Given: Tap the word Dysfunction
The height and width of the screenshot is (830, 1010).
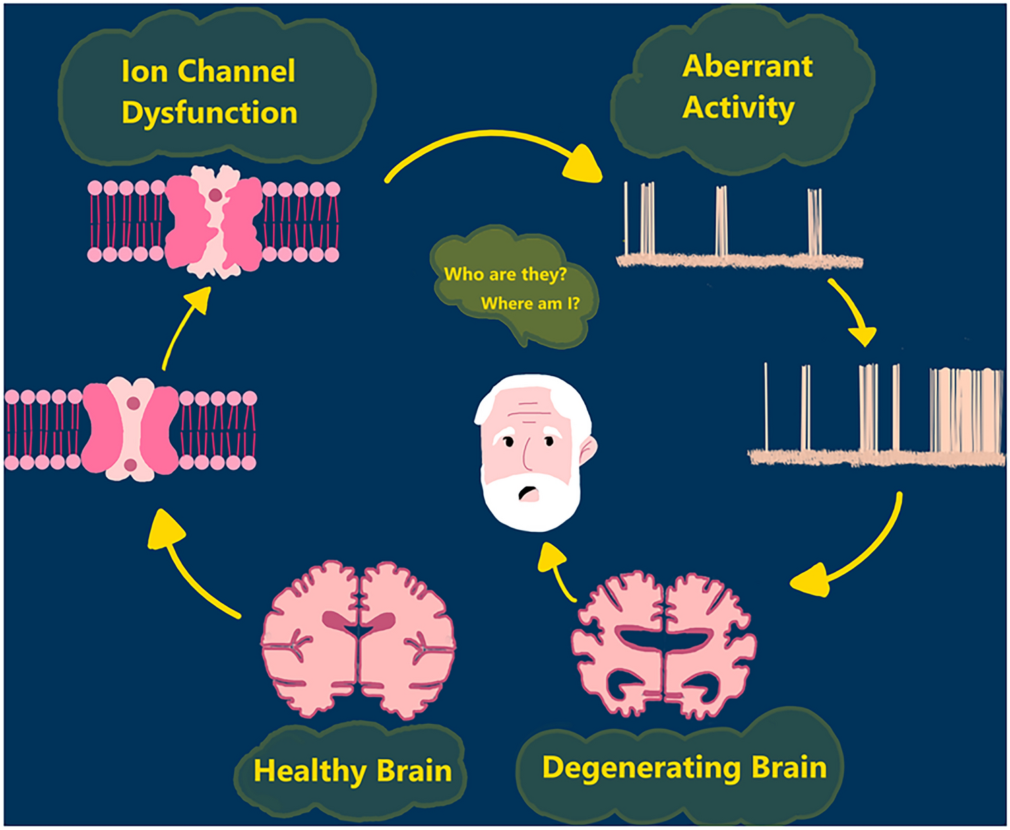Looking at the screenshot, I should coord(210,112).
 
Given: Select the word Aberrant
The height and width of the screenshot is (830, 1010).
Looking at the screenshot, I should coord(747,66).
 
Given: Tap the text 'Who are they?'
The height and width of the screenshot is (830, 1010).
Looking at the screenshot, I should coord(505,274).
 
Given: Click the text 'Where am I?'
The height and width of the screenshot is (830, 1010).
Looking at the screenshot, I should coord(530,304).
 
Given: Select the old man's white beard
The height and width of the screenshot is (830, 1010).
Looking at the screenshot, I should coord(532,505).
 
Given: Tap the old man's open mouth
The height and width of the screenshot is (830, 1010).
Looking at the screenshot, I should coord(526,493).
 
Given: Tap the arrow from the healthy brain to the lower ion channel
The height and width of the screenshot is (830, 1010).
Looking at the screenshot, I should coord(189,565).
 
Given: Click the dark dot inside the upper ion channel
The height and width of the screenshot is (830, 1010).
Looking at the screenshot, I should coord(215,195).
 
